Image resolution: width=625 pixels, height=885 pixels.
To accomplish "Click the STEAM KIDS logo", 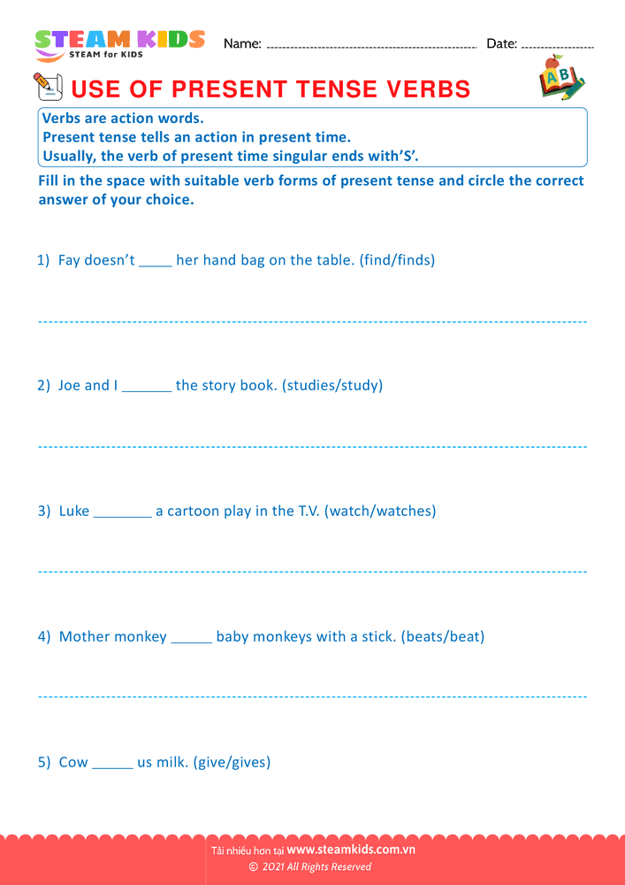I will (x=119, y=44).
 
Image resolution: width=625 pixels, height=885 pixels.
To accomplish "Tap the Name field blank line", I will (x=371, y=46).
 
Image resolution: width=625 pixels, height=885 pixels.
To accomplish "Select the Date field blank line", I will (x=558, y=46).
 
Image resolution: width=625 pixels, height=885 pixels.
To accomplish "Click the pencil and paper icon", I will (x=48, y=87).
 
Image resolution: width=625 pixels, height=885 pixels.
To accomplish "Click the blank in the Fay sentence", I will (x=156, y=262).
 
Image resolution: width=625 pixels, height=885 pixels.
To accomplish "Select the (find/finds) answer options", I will (x=397, y=260).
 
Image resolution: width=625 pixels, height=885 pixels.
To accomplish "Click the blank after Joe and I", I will (x=147, y=388).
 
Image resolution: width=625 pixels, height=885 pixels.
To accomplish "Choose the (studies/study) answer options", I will (x=332, y=386).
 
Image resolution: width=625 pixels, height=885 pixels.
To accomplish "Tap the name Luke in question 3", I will (x=74, y=511).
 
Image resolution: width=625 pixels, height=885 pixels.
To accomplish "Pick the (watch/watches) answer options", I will (x=381, y=511).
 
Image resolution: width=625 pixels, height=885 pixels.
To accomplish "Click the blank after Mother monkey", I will (x=192, y=639).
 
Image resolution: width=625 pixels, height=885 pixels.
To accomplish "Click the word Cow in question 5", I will (x=73, y=762).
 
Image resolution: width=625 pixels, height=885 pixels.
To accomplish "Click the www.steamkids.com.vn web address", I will (x=351, y=850).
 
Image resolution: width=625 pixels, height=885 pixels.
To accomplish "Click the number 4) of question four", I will (x=44, y=636).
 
